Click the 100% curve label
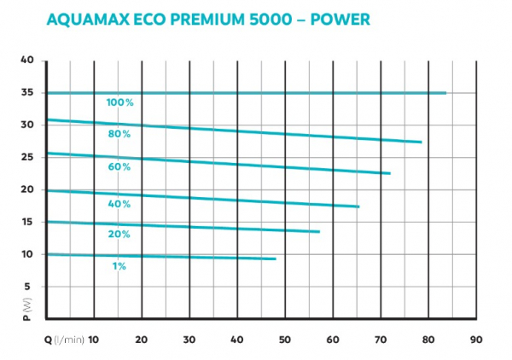click(x=119, y=102)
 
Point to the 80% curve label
click(x=119, y=134)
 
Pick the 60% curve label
click(x=119, y=167)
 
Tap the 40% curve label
click(x=119, y=204)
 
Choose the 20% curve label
click(x=119, y=234)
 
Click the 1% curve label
click(x=119, y=266)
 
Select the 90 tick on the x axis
click(x=476, y=339)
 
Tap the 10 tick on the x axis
click(x=94, y=339)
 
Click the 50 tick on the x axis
click(x=285, y=339)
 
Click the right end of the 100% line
click(x=445, y=92)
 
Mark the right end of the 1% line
click(x=275, y=258)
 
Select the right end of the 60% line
click(x=389, y=173)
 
